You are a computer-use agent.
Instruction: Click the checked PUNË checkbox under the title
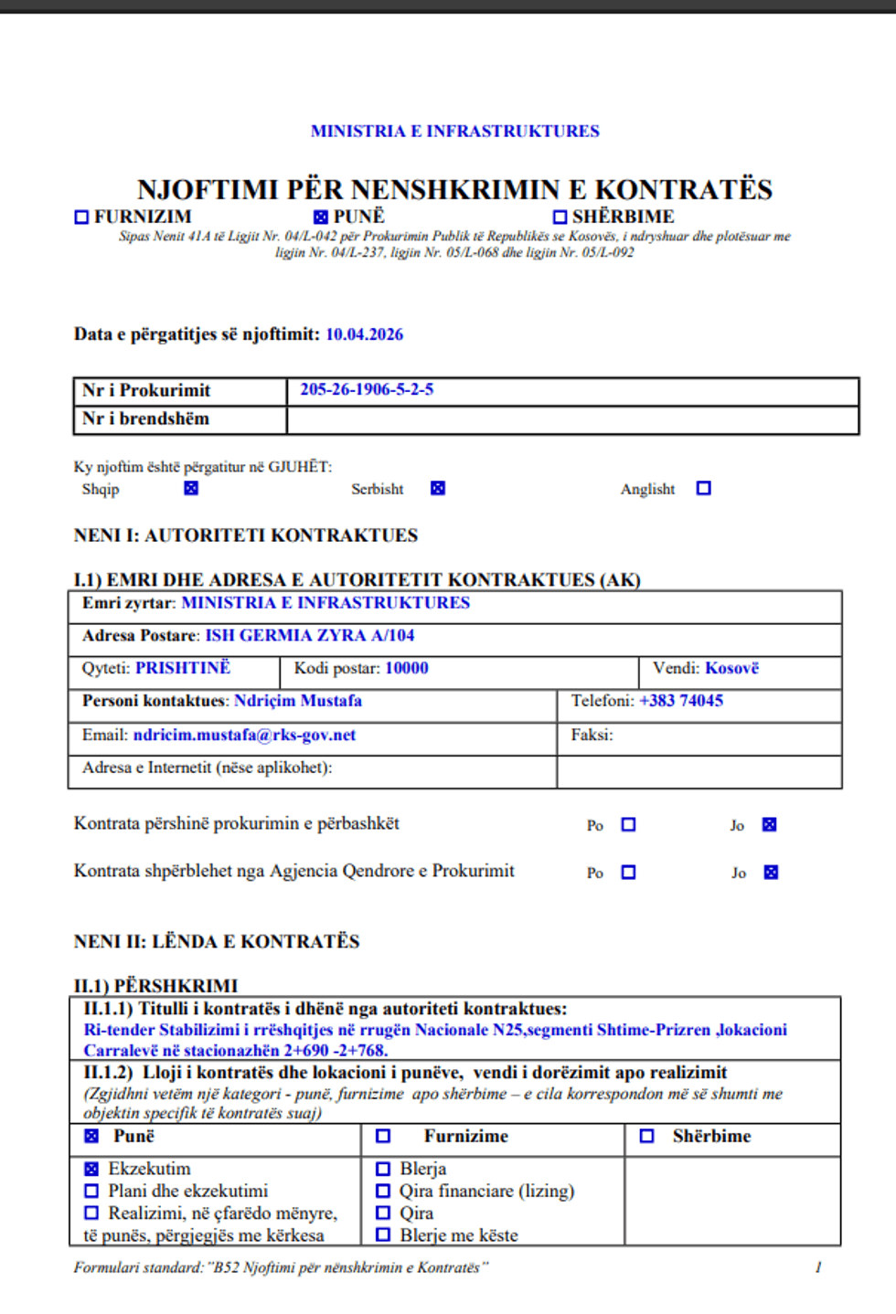320,217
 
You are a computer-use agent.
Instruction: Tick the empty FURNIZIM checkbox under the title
81,217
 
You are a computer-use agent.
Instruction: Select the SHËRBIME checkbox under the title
560,217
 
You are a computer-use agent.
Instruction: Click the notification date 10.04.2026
364,334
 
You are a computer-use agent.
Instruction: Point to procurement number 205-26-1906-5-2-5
367,389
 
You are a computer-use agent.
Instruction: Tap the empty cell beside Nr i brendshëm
571,419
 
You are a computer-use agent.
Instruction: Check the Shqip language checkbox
191,489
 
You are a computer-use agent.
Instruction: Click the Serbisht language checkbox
438,489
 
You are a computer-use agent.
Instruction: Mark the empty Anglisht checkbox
703,489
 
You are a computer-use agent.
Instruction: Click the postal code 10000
406,668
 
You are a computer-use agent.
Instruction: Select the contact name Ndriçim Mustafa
298,701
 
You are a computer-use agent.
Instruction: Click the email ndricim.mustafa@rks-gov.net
244,735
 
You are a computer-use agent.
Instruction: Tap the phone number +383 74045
681,701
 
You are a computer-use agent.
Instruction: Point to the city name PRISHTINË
183,668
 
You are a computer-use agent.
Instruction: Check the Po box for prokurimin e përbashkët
628,824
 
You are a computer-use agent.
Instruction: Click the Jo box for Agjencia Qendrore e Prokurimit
771,873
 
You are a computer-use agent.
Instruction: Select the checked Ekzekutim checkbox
91,1169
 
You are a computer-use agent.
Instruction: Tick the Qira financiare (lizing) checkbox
383,1191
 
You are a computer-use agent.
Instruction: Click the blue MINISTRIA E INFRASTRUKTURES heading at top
455,131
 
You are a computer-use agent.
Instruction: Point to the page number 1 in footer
818,1267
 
